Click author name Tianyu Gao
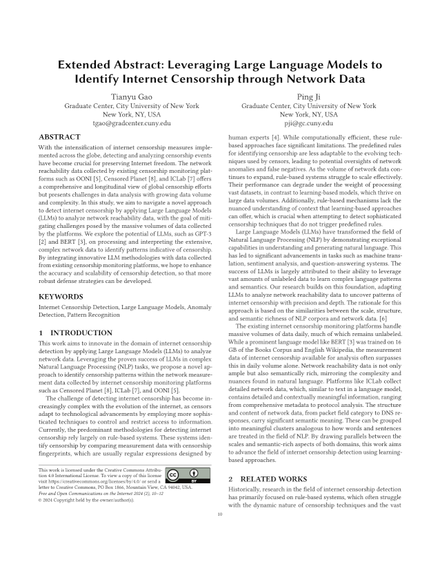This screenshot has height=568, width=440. click(131, 97)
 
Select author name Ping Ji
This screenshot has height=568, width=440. click(308, 97)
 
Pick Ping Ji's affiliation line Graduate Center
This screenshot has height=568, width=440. click(308, 106)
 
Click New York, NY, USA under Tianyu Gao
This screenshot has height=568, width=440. click(131, 115)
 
